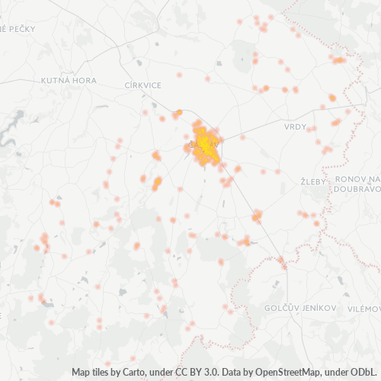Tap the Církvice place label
pyautogui.click(x=143, y=85)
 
